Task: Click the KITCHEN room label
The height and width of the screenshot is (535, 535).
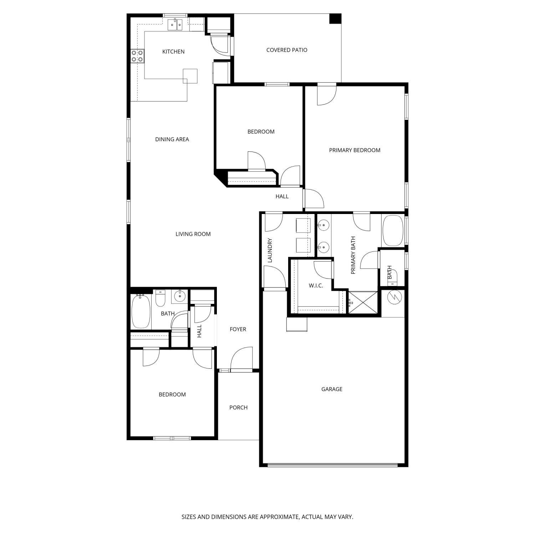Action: [x=173, y=52]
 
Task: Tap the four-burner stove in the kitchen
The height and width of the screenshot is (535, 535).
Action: [x=137, y=56]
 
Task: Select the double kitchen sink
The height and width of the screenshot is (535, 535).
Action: [x=175, y=24]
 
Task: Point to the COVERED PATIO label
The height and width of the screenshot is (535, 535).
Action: [x=287, y=50]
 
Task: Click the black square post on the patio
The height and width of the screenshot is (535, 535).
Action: [x=335, y=19]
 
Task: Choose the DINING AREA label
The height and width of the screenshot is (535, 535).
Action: [x=172, y=139]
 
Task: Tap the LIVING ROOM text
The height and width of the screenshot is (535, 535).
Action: [x=193, y=234]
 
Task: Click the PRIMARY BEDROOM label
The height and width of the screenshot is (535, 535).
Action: [x=355, y=150]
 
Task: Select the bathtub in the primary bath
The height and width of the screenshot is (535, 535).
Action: [x=393, y=230]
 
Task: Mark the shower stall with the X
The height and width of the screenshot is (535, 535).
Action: [x=363, y=302]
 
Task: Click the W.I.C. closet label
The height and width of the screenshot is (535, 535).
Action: [x=316, y=286]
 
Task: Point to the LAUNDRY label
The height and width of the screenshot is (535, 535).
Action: [x=270, y=250]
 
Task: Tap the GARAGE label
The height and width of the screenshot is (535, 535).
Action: [x=332, y=389]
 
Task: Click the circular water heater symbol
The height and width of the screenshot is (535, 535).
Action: [x=395, y=297]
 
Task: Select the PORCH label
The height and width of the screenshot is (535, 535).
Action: [x=238, y=408]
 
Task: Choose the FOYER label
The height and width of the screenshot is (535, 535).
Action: [x=238, y=329]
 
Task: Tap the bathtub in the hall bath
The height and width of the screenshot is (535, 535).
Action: [x=141, y=311]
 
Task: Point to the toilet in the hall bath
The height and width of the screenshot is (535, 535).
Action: [x=160, y=299]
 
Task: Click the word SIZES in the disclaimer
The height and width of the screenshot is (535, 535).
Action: [x=189, y=517]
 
